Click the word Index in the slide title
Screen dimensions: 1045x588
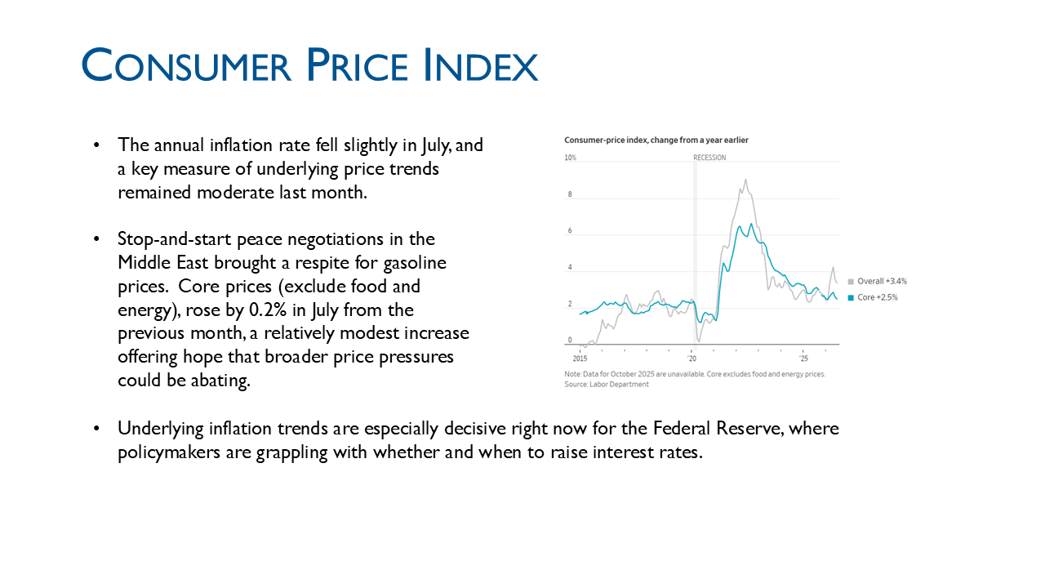point(481,65)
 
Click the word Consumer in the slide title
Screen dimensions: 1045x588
point(186,65)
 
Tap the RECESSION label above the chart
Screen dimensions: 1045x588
point(709,158)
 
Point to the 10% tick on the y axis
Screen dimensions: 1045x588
point(570,158)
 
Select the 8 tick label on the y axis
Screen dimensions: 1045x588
point(570,194)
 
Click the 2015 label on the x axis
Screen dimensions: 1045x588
point(580,359)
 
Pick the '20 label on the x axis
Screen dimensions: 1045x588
point(691,359)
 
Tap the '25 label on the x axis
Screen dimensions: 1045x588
point(803,359)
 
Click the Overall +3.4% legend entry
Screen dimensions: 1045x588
point(878,281)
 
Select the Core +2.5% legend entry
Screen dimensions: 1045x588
point(873,297)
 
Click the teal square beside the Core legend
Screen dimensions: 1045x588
point(851,298)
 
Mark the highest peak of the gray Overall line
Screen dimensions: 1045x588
point(745,180)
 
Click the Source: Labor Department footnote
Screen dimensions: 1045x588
point(607,384)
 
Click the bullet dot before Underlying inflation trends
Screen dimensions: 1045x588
point(96,429)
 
